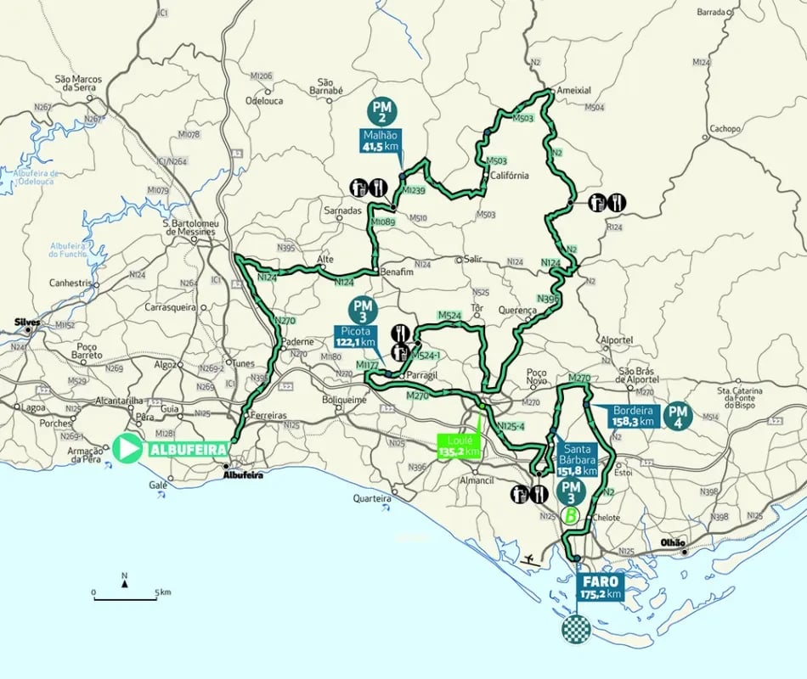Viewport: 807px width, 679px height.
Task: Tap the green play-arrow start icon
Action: pos(128,449)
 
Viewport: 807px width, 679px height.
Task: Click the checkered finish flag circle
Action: pos(577,629)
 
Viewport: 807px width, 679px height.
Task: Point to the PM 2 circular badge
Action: pos(382,110)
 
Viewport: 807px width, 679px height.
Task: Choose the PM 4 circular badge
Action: pos(679,415)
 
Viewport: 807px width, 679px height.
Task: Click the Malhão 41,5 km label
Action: pos(380,141)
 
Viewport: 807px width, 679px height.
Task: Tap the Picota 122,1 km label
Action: pos(356,336)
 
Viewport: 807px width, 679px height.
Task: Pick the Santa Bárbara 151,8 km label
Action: pos(577,458)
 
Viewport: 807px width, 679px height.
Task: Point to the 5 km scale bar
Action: pos(125,599)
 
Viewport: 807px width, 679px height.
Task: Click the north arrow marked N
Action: pos(125,580)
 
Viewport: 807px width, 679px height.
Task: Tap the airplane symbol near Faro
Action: pos(532,561)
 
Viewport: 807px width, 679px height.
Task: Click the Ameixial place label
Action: pos(573,90)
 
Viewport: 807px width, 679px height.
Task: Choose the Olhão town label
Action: pos(672,542)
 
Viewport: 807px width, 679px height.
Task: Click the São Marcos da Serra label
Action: pos(78,83)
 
